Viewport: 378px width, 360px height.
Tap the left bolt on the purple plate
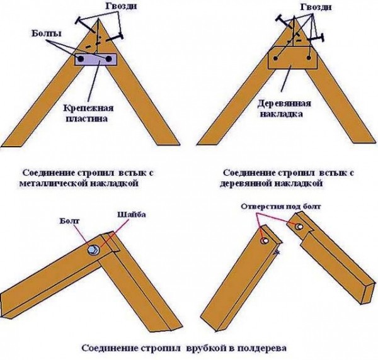pos(81,59)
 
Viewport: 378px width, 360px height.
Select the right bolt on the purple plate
pos(108,59)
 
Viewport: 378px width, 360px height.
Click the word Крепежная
pos(88,108)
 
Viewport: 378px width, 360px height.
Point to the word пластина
pos(87,119)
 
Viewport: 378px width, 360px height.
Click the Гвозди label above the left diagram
pos(121,6)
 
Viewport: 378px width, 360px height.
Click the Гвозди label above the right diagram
pos(316,7)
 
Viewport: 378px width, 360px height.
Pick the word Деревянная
pos(284,104)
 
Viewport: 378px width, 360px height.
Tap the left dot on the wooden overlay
pos(276,58)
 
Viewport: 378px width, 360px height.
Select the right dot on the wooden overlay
pos(309,58)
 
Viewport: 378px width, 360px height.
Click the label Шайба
pos(132,215)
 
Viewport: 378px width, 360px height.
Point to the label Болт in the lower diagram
pos(69,221)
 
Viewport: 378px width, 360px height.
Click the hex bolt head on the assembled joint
pos(93,250)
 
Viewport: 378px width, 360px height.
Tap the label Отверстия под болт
pos(281,206)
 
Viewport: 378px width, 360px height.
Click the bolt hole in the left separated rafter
pos(265,240)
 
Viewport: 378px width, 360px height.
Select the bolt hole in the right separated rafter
pos(299,227)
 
